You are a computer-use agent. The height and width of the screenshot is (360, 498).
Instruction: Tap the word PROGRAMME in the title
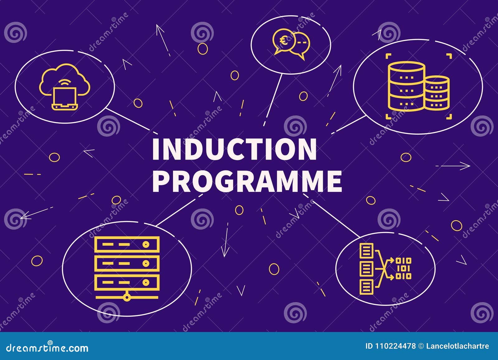pyautogui.click(x=247, y=181)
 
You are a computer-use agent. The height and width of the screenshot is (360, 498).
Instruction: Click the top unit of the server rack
pyautogui.click(x=127, y=245)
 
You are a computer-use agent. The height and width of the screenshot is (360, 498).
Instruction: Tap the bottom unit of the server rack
pyautogui.click(x=127, y=283)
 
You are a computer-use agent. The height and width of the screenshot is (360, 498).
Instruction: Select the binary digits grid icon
pyautogui.click(x=403, y=268)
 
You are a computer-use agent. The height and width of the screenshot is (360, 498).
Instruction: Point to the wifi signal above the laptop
pyautogui.click(x=65, y=83)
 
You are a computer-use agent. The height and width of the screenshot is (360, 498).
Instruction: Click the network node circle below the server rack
pyautogui.click(x=127, y=298)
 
